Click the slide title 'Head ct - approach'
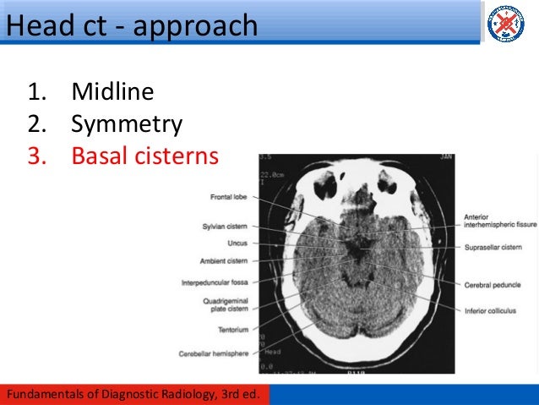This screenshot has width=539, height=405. click(x=131, y=25)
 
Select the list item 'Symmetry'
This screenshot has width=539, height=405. click(x=127, y=124)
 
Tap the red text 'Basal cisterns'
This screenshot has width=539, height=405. click(x=144, y=156)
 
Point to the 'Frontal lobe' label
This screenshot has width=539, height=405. click(x=229, y=198)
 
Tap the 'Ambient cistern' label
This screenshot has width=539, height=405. click(x=224, y=260)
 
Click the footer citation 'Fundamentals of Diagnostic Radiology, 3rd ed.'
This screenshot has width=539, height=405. click(x=138, y=395)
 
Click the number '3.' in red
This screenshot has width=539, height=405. click(x=37, y=156)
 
